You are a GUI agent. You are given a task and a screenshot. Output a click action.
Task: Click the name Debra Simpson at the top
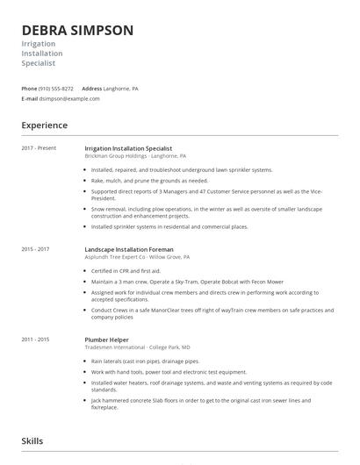77,30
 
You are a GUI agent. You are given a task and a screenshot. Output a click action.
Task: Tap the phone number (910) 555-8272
57,89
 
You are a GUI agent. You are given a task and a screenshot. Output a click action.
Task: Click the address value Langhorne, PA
122,89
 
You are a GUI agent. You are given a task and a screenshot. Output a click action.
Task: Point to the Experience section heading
45,125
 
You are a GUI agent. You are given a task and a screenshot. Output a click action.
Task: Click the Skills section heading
32,441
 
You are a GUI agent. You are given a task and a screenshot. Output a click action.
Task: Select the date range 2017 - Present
39,148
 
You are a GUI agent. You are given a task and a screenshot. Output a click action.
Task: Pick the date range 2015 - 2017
35,249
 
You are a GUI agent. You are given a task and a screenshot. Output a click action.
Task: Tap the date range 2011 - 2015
35,338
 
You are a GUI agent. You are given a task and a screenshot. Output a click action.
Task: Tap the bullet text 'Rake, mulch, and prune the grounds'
149,180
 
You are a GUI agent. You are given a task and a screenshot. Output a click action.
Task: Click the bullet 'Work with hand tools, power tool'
149,371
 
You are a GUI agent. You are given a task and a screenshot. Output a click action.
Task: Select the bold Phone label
29,89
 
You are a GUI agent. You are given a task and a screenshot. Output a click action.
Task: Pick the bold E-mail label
30,98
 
